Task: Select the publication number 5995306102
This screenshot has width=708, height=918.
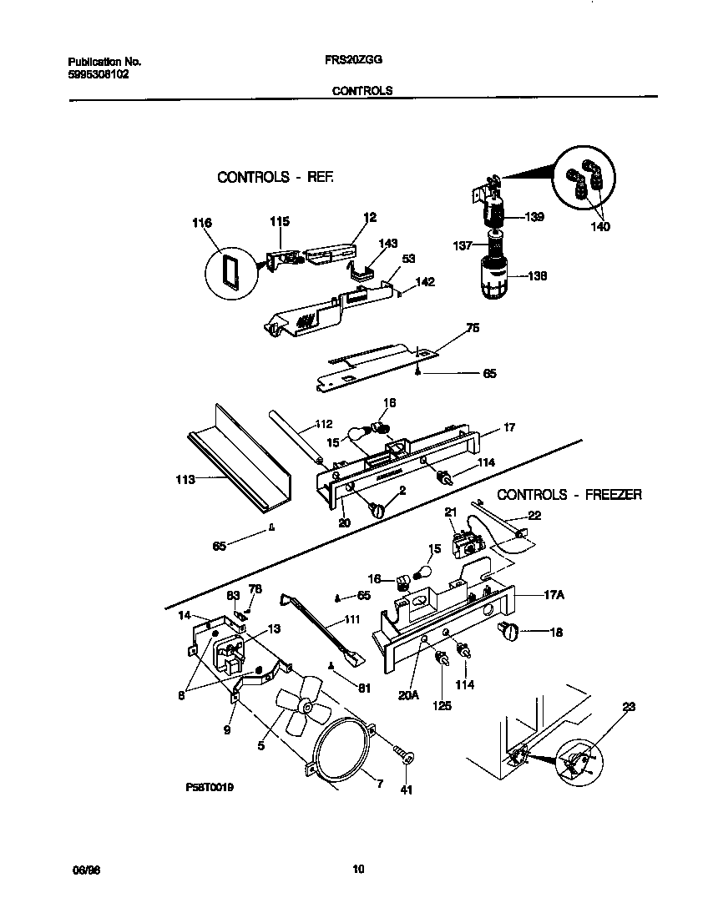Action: [98, 73]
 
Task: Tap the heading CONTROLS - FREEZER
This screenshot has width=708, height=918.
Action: [569, 495]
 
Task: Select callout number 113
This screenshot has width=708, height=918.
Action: [185, 479]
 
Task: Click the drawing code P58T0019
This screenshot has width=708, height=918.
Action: [210, 787]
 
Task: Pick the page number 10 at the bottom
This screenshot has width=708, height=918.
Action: [358, 870]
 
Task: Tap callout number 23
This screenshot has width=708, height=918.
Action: [629, 707]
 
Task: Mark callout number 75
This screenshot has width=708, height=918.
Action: [473, 328]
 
